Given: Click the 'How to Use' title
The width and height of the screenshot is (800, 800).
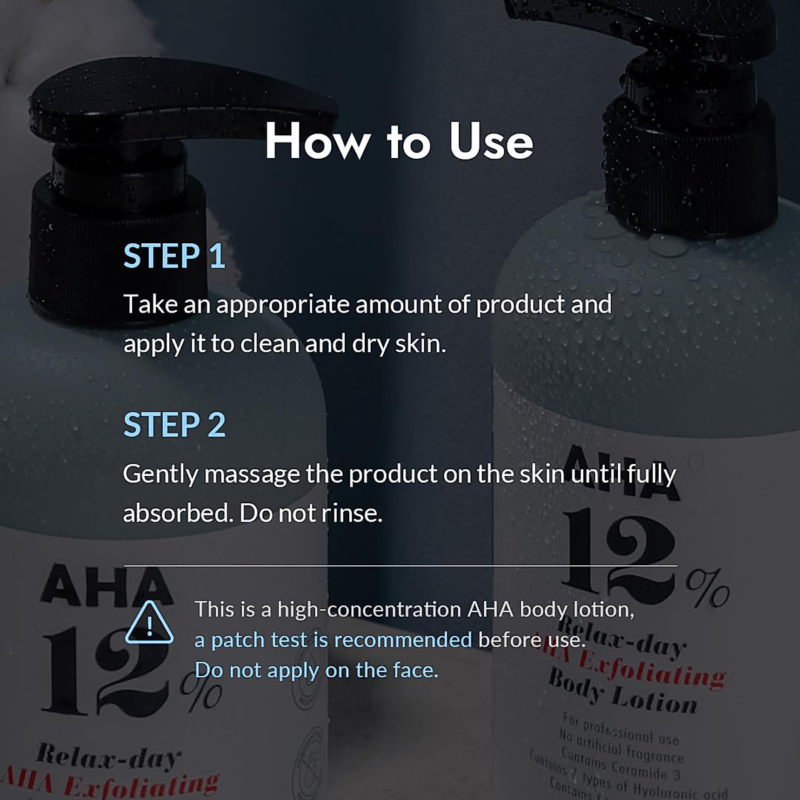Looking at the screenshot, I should [x=399, y=141].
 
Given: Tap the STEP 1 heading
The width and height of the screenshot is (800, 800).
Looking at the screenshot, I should [x=174, y=256].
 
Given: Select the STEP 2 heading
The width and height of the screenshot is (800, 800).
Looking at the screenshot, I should [x=174, y=425].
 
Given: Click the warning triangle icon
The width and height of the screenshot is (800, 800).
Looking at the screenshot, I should [x=149, y=623].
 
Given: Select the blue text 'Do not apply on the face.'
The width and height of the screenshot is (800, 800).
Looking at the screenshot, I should [x=316, y=670].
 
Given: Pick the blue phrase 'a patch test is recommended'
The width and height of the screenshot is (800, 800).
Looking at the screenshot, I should [x=333, y=640].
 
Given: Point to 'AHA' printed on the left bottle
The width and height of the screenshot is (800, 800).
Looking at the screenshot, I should [x=107, y=587].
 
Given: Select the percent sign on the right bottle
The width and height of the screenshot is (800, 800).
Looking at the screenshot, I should [x=707, y=587].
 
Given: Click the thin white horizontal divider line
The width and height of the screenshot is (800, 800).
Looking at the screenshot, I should [x=400, y=565].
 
